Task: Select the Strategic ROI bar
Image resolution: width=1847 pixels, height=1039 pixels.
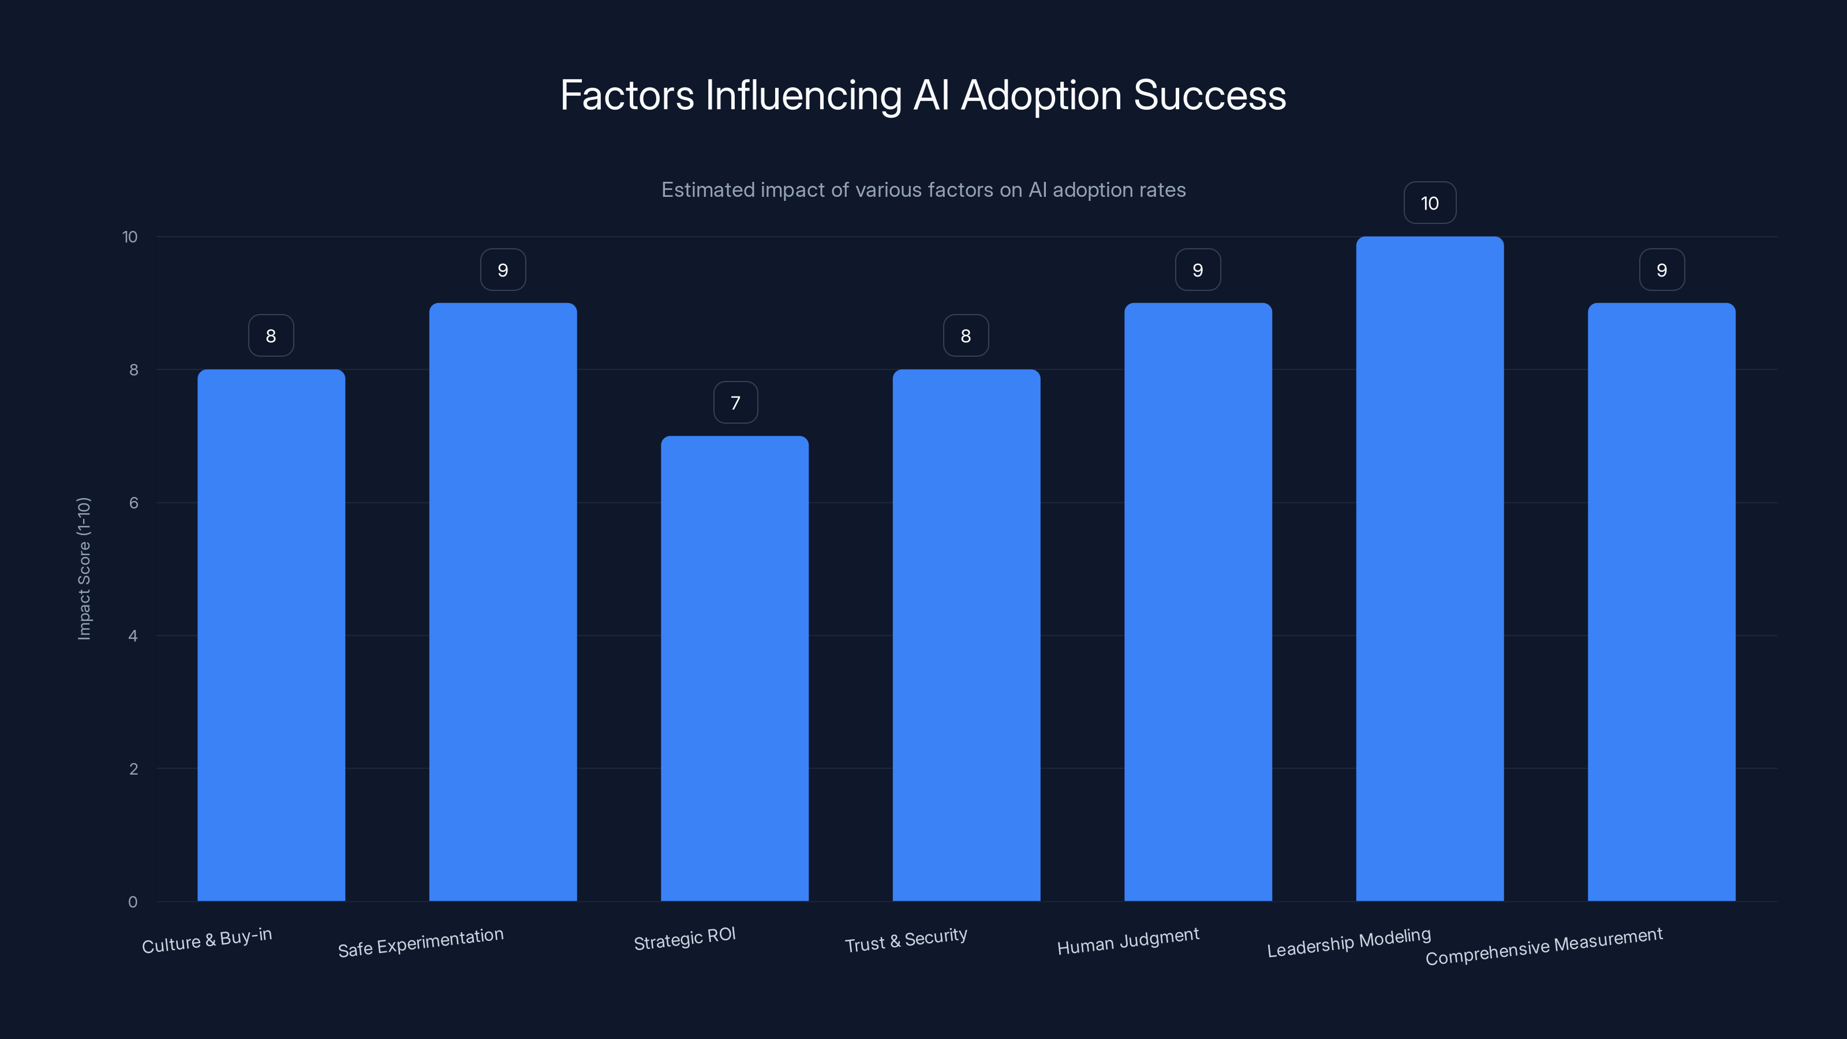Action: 734,668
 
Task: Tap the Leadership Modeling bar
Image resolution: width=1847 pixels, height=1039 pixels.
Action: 1429,568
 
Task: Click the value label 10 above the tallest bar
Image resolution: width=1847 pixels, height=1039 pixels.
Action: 1429,203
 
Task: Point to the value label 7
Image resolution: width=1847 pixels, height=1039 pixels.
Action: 735,402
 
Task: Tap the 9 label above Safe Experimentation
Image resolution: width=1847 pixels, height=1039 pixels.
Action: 503,270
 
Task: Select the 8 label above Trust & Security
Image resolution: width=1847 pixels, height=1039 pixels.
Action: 966,335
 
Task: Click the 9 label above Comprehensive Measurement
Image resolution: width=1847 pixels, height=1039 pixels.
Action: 1661,270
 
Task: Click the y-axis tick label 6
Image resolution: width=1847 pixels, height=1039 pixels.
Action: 133,503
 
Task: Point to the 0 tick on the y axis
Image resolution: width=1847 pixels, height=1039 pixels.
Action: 133,901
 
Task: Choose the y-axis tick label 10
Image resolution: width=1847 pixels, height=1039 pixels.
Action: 130,237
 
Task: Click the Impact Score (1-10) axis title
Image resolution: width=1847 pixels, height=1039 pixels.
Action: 84,568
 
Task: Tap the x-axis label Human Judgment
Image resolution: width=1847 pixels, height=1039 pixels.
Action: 1128,941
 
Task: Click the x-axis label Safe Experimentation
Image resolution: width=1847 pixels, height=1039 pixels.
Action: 421,942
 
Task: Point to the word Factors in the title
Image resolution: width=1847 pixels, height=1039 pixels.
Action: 627,95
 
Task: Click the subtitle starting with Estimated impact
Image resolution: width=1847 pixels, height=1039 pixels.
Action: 923,190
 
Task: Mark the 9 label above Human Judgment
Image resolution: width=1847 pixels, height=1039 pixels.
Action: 1198,270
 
